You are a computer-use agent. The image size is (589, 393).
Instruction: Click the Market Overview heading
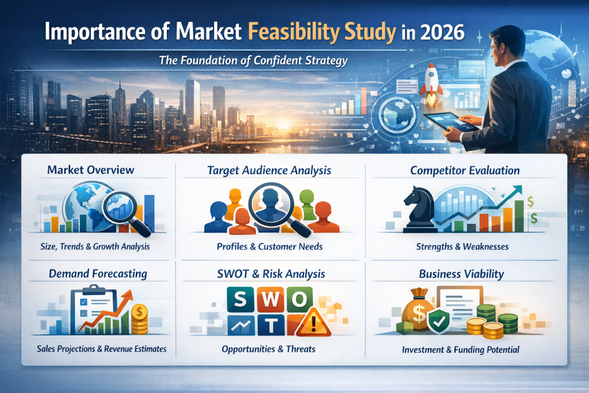[x=91, y=170]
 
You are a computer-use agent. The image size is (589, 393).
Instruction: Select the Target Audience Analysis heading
[x=270, y=170]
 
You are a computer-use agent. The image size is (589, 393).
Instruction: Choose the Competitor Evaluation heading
[x=465, y=170]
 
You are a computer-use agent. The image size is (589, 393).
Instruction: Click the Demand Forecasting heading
[x=97, y=273]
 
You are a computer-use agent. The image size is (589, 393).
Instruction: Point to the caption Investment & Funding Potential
[x=461, y=349]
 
